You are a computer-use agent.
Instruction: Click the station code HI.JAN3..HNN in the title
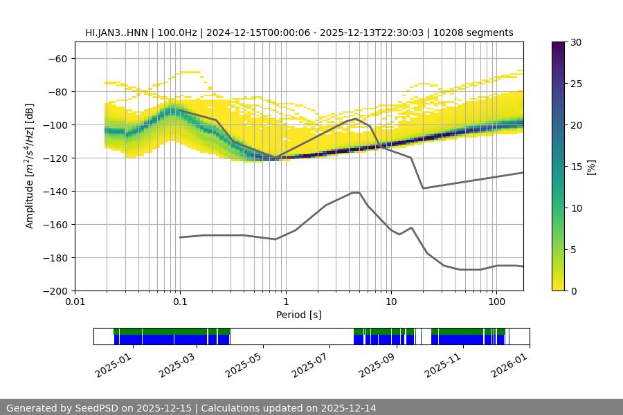pos(116,33)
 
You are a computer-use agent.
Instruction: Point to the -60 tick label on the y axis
pos(57,58)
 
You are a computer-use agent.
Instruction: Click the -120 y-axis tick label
pos(54,158)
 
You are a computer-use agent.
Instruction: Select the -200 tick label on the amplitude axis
pos(54,290)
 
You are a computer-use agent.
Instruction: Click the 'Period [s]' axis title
pos(299,315)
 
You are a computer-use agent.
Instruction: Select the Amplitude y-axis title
pos(30,166)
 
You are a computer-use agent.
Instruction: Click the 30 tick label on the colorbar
pos(575,42)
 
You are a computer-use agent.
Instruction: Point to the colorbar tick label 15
pos(575,167)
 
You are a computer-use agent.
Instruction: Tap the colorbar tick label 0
pos(572,290)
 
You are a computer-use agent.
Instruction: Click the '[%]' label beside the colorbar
pos(591,167)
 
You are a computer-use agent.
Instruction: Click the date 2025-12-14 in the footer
pos(349,408)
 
